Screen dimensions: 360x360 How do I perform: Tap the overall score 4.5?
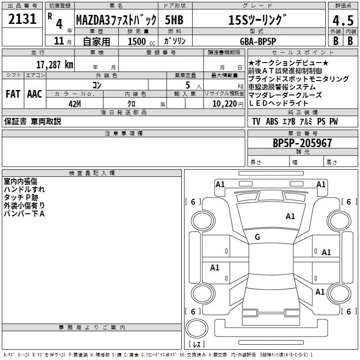(x=342, y=21)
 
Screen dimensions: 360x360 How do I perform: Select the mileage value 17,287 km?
(x=54, y=64)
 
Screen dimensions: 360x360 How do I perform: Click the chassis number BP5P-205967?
(x=302, y=143)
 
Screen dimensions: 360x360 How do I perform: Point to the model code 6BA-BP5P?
(x=265, y=40)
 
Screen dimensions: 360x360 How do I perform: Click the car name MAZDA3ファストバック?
(x=116, y=20)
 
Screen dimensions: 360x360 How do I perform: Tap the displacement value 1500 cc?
(x=141, y=41)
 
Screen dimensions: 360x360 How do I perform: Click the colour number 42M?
(x=75, y=103)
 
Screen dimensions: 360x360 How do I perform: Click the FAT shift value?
(x=13, y=94)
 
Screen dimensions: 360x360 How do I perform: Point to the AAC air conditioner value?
(x=34, y=94)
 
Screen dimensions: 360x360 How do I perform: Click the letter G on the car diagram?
(x=257, y=237)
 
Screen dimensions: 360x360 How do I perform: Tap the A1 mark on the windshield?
(x=290, y=216)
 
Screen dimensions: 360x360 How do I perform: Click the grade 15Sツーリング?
(x=257, y=20)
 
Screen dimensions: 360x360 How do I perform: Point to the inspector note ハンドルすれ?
(x=24, y=189)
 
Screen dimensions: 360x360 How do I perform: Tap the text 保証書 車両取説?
(x=32, y=121)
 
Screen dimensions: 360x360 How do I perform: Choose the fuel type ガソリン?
(x=175, y=40)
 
